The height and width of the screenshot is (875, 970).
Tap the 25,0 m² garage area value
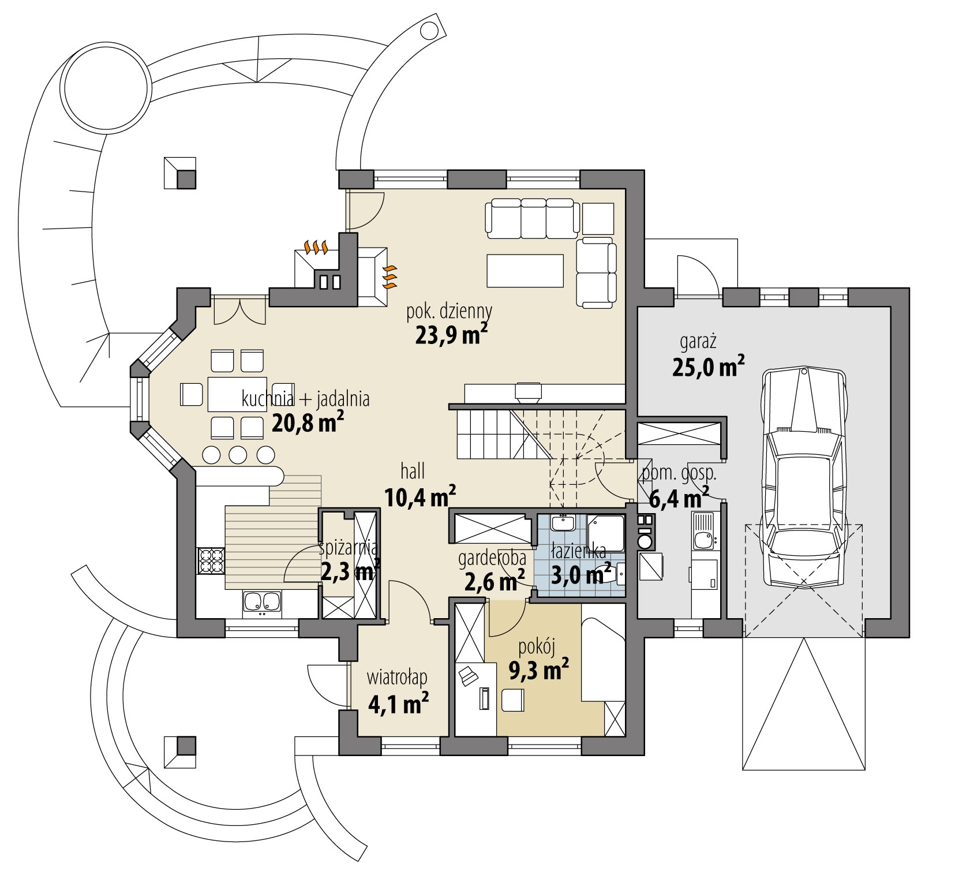point(707,367)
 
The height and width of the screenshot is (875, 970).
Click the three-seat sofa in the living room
point(533,218)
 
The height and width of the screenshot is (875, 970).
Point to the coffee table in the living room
point(525,270)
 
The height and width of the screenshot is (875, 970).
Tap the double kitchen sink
point(262,603)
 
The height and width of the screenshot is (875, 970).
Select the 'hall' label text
point(412,472)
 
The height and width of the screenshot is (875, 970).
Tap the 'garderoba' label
point(492,559)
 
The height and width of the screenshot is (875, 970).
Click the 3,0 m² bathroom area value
point(581,575)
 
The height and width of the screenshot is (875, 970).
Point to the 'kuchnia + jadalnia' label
point(306,399)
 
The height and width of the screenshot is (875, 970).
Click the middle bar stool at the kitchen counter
point(238,455)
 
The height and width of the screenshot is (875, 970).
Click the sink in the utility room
point(704,539)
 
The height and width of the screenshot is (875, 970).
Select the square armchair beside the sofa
point(598,218)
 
